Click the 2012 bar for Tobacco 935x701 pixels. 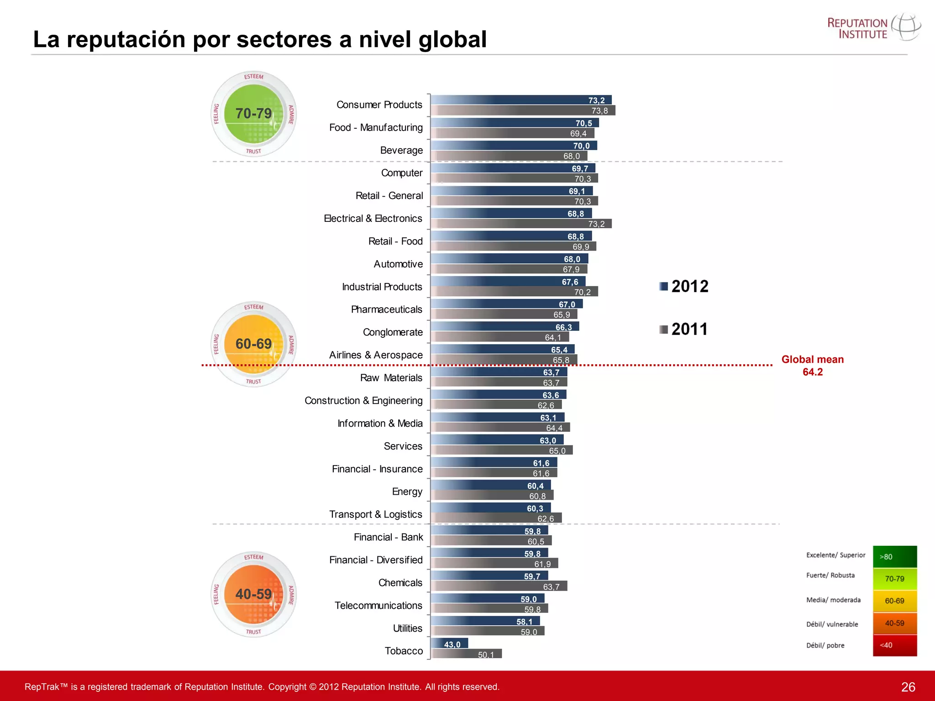click(450, 643)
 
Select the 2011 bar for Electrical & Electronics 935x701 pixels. click(520, 224)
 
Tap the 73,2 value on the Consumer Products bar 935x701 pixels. click(596, 100)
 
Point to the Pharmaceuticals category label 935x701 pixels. click(386, 309)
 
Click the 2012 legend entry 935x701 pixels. click(684, 286)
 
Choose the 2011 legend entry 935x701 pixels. click(683, 329)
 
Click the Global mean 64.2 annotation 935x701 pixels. click(812, 366)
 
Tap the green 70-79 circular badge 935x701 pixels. click(254, 114)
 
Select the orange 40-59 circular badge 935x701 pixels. click(254, 594)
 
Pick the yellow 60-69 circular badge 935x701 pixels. click(254, 344)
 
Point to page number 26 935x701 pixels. click(908, 687)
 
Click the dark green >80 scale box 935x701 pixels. click(894, 557)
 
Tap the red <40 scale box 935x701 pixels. click(894, 645)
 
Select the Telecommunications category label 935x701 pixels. click(378, 606)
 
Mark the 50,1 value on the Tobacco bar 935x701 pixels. click(486, 655)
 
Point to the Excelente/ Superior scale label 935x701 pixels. click(835, 555)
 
